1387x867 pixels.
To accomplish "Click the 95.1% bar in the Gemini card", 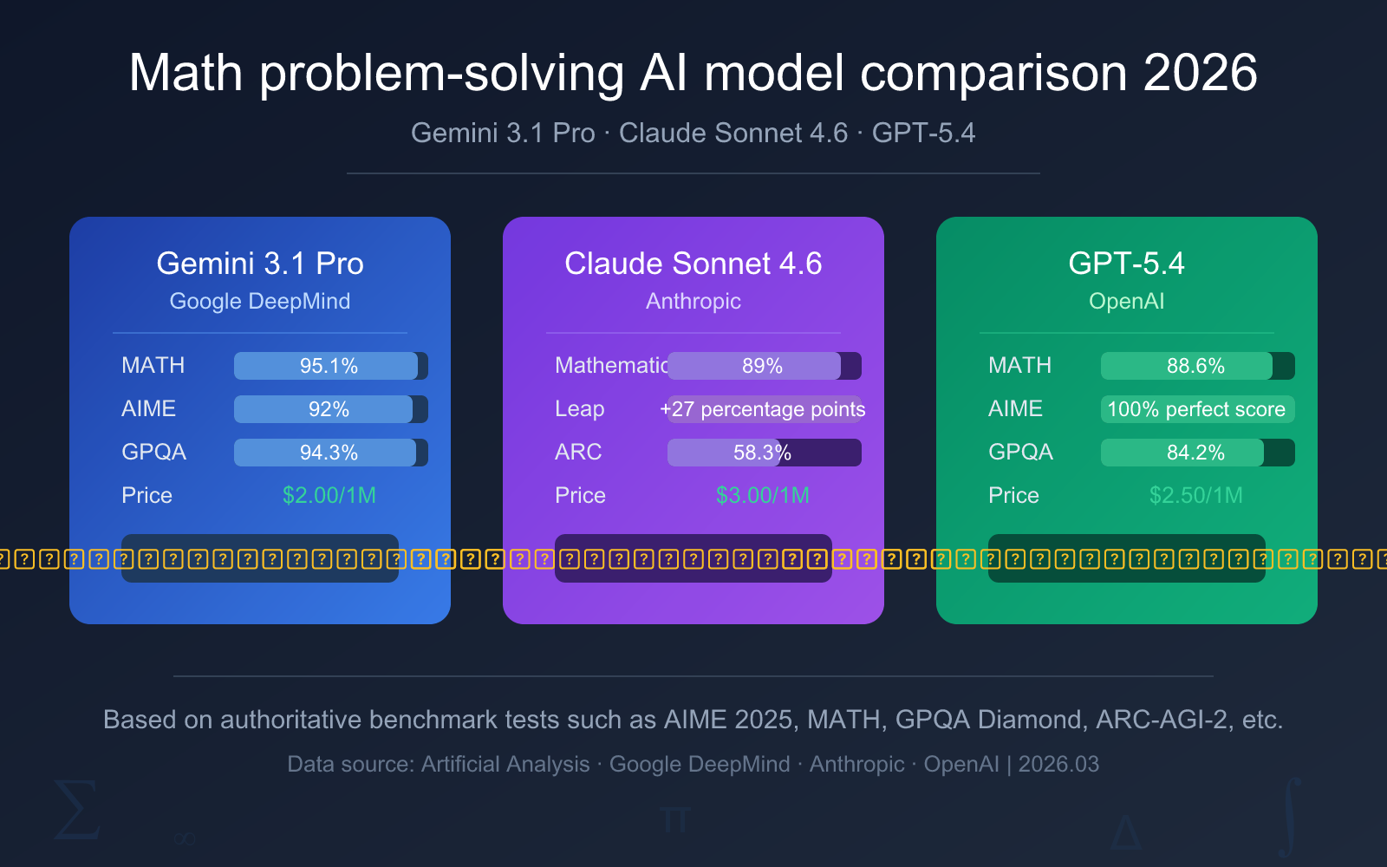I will coord(329,366).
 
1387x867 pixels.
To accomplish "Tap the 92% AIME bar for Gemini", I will coord(329,409).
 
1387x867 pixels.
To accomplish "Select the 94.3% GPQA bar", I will coord(329,453).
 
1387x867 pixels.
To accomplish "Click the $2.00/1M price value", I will coord(329,496).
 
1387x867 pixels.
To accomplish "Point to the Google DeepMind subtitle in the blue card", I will coord(260,302).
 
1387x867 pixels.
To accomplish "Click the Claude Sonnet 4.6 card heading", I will coord(693,264).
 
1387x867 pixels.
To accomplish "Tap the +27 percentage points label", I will coord(763,409).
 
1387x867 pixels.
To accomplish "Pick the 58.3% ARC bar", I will coord(763,453).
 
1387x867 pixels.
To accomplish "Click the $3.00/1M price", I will coord(763,496).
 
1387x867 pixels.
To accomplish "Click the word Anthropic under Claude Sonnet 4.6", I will coord(693,302).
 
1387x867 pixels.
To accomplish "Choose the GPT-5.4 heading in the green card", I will coord(1126,264).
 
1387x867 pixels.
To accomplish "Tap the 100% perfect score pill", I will coord(1196,409).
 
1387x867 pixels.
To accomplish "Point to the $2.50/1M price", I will coord(1196,496).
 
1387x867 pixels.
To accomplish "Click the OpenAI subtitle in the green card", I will coord(1126,302).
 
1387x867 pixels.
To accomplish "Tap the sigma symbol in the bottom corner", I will coord(76,811).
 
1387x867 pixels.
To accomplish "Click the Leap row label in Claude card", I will coord(580,409).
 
